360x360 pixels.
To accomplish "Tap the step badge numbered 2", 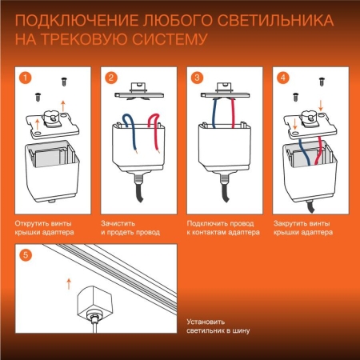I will coord(111,78).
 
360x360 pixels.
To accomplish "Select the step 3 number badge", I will coord(197,78).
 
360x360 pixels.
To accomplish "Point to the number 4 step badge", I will coord(282,78).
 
